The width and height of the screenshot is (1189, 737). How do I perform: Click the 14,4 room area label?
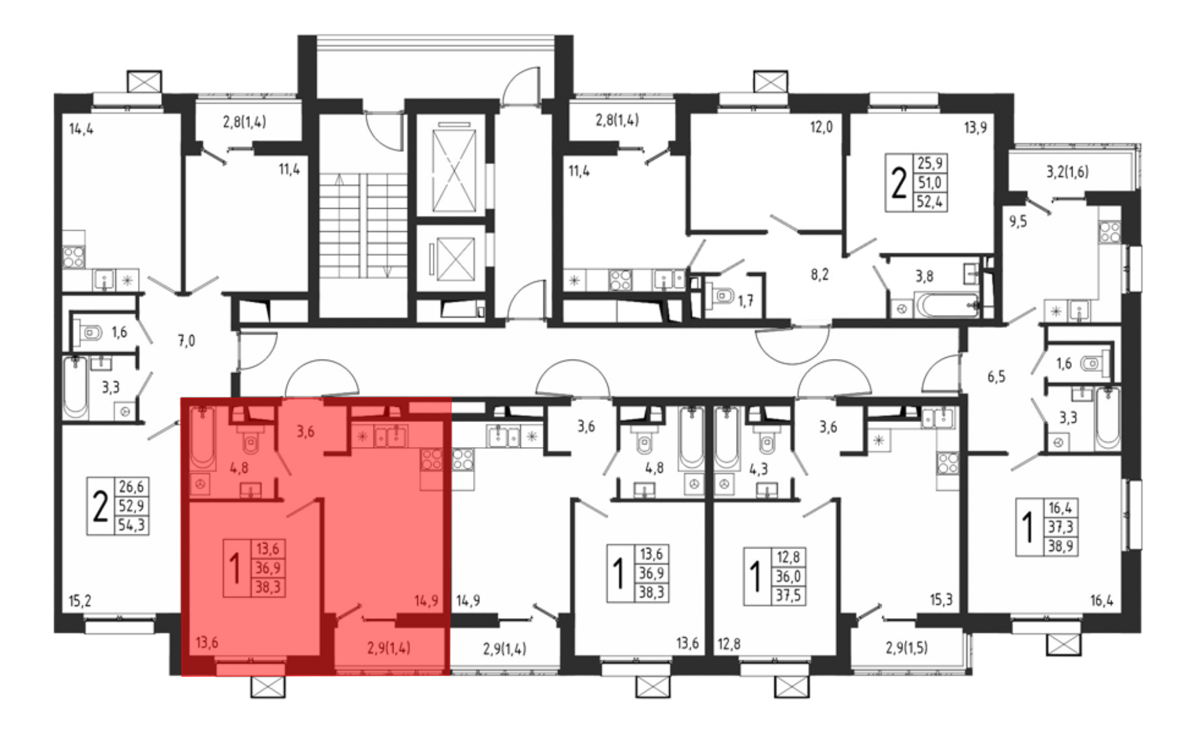(81, 128)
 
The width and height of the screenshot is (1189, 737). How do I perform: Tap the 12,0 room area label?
(821, 127)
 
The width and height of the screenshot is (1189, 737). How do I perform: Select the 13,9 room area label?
(975, 127)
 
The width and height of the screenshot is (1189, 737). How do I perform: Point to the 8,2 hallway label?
(819, 275)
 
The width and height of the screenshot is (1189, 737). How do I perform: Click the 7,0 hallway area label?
(186, 341)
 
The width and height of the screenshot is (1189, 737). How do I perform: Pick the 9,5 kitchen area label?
(1018, 222)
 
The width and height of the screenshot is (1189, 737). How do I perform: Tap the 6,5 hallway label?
(996, 376)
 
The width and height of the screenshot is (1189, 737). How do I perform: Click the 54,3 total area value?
(131, 525)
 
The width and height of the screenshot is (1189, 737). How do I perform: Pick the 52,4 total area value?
(930, 201)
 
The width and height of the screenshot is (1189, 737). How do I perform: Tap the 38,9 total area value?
(1061, 546)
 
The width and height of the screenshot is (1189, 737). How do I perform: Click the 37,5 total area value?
(788, 596)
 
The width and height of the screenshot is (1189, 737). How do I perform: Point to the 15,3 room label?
(940, 600)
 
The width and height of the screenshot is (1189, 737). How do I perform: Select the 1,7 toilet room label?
(746, 301)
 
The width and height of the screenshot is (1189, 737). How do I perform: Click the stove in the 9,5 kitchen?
(1109, 231)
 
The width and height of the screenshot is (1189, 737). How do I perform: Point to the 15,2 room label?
(80, 601)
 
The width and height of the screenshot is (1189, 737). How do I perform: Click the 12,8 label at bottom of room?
(729, 644)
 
